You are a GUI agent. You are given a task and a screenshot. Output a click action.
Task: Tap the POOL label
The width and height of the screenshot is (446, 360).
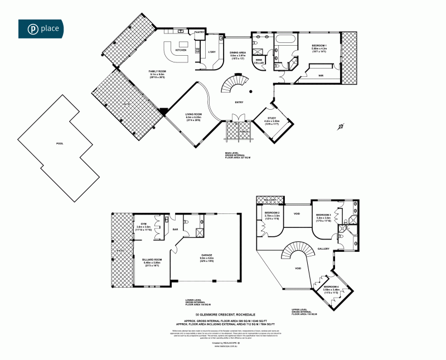60,144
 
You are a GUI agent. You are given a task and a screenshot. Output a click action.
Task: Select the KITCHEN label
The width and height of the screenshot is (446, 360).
181,50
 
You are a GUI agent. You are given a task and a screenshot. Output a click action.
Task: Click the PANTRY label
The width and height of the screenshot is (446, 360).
199,33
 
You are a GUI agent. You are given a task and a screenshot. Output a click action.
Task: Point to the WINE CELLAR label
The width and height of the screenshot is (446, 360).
259,62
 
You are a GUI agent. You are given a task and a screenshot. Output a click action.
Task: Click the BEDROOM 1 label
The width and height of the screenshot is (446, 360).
319,46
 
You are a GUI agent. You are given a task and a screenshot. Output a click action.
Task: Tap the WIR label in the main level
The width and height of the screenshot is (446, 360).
321,75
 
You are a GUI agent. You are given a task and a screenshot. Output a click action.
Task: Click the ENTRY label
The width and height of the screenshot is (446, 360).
240,102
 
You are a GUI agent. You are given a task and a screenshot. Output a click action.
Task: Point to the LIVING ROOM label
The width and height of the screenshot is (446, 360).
193,115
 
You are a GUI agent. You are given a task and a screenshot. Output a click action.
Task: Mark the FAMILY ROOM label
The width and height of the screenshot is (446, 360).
157,72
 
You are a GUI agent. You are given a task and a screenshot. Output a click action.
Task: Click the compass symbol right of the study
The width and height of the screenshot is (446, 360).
340,127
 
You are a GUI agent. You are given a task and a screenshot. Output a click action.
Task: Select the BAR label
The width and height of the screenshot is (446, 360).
174,229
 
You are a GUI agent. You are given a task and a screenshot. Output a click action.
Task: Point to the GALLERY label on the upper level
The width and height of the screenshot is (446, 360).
324,249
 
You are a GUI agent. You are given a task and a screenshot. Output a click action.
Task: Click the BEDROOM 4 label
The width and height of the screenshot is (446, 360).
331,287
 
